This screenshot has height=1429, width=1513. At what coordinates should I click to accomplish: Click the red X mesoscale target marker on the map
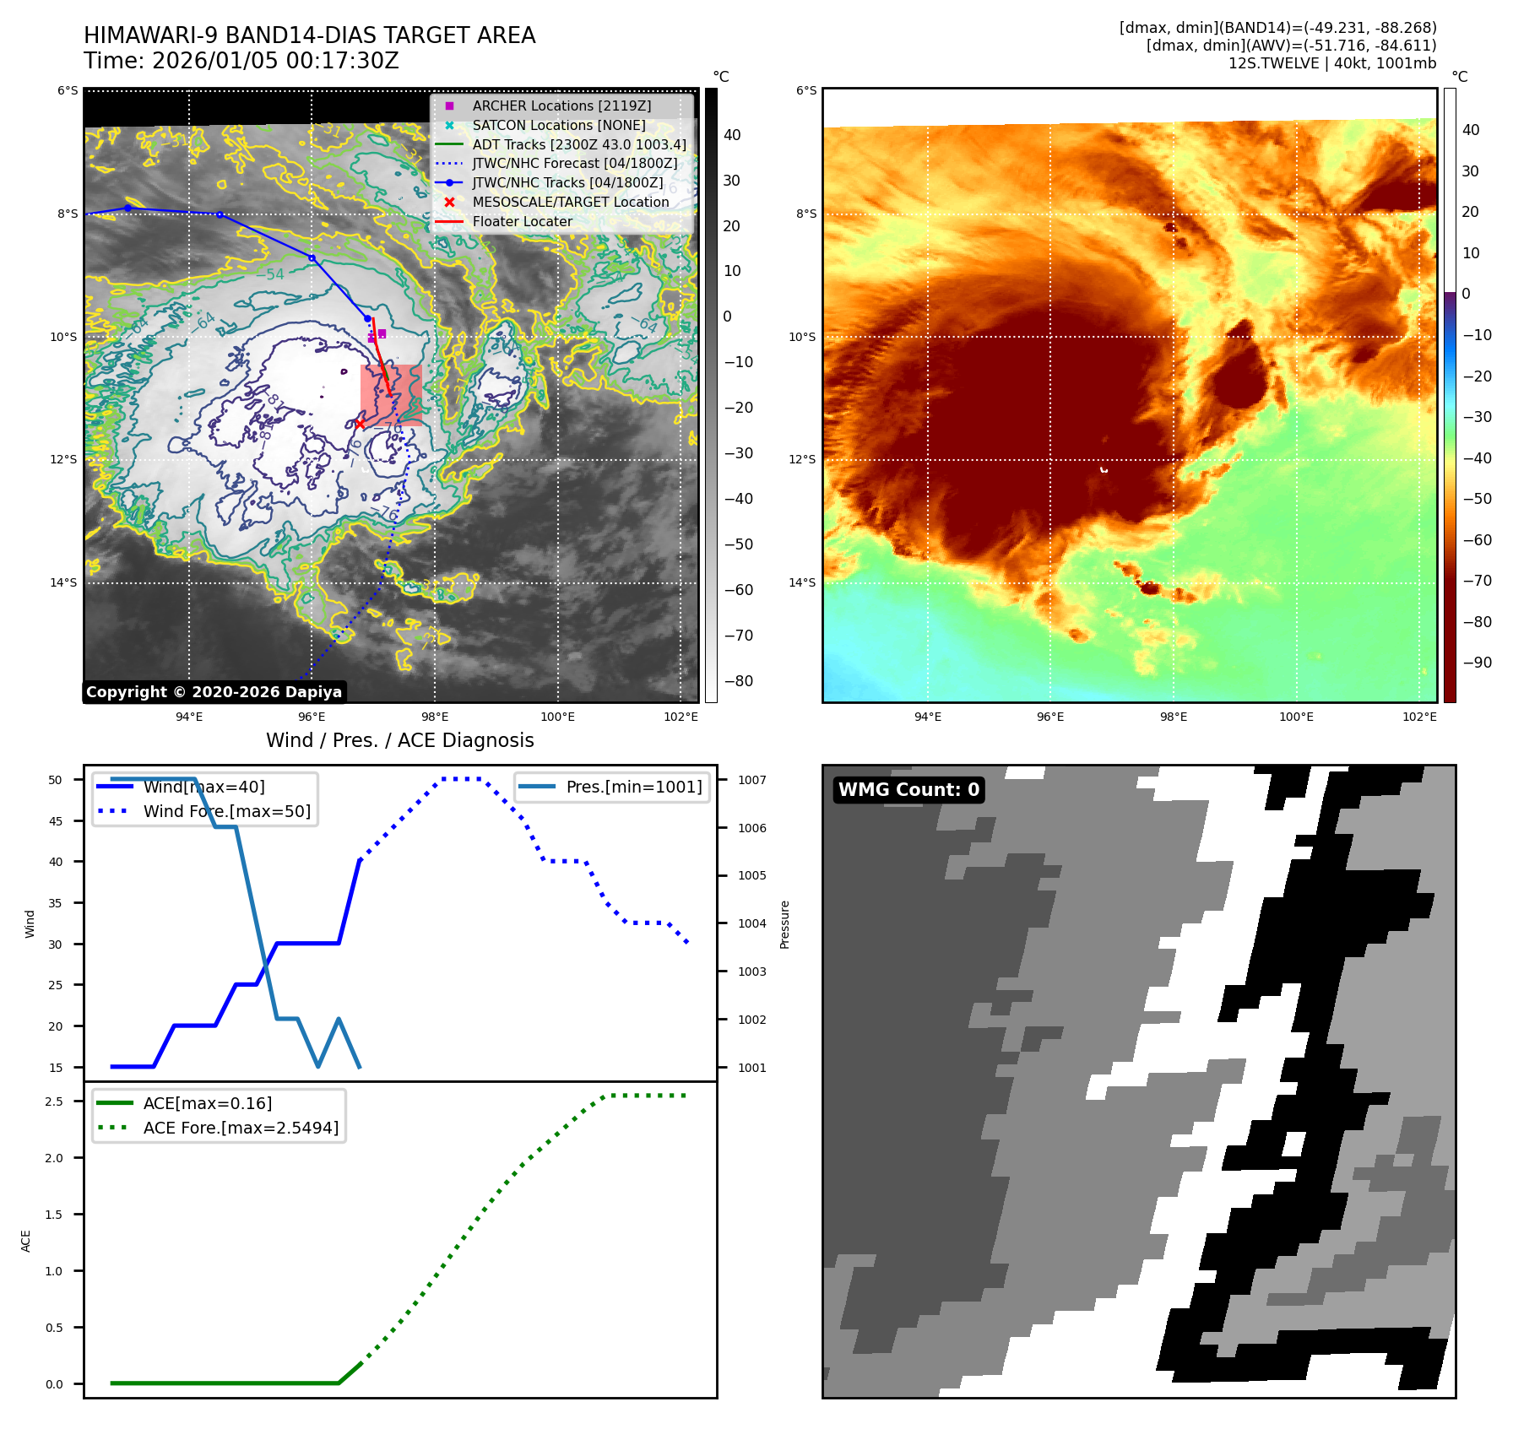pyautogui.click(x=360, y=424)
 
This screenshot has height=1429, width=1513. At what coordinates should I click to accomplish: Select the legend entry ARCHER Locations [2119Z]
pyautogui.click(x=561, y=106)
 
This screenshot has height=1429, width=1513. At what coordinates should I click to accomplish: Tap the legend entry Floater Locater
pyautogui.click(x=522, y=221)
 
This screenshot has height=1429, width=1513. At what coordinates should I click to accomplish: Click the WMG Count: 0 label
pyautogui.click(x=908, y=790)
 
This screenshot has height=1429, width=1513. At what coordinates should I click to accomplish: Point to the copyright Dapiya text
pyautogui.click(x=214, y=692)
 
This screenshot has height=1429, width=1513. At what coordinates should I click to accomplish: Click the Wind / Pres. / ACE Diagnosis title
pyautogui.click(x=399, y=740)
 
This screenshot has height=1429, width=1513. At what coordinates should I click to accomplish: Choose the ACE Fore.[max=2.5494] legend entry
pyautogui.click(x=241, y=1128)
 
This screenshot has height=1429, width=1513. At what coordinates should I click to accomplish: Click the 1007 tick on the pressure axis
pyautogui.click(x=751, y=780)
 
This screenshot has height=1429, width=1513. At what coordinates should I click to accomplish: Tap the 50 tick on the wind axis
pyautogui.click(x=56, y=780)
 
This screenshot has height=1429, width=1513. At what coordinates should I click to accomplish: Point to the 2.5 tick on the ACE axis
pyautogui.click(x=54, y=1102)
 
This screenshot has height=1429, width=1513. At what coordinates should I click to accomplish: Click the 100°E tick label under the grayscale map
pyautogui.click(x=557, y=717)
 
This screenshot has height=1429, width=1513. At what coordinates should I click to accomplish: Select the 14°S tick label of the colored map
pyautogui.click(x=801, y=582)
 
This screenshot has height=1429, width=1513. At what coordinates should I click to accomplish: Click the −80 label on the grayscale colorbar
pyautogui.click(x=738, y=681)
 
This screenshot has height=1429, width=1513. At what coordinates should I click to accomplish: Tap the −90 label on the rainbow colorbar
pyautogui.click(x=1477, y=663)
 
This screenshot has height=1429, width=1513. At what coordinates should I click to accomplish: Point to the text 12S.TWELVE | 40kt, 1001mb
pyautogui.click(x=1331, y=63)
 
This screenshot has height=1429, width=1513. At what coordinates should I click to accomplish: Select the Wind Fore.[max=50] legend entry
pyautogui.click(x=226, y=811)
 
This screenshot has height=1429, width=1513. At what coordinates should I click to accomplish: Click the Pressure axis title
pyautogui.click(x=784, y=924)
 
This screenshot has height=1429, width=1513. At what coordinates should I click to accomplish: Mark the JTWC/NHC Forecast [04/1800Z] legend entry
pyautogui.click(x=574, y=163)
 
